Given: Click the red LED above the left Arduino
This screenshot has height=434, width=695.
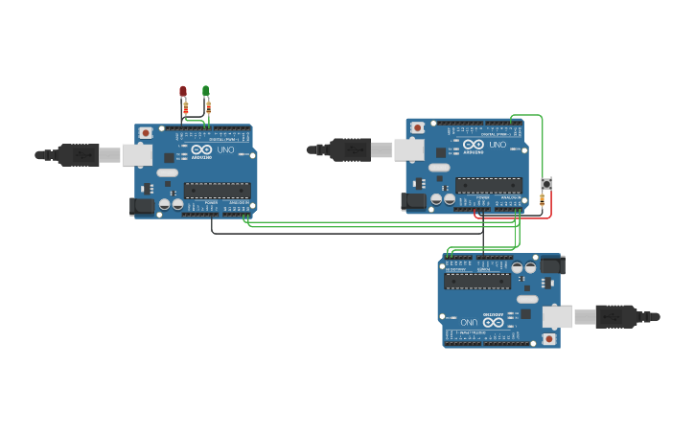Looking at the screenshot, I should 183,92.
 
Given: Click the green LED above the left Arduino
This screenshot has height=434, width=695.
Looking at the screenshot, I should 206,92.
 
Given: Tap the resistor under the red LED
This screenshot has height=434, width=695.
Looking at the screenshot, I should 185,109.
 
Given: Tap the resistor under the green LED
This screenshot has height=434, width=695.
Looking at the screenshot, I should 207,108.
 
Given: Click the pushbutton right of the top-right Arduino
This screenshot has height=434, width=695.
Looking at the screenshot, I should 546,183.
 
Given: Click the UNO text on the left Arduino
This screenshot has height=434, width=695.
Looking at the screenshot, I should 226,150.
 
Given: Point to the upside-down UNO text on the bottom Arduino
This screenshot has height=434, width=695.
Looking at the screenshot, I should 468,322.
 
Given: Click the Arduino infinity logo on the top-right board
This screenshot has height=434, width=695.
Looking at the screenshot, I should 473,145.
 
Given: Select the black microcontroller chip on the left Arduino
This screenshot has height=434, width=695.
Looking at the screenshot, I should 217,189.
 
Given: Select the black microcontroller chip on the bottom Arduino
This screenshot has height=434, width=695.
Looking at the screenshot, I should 476,281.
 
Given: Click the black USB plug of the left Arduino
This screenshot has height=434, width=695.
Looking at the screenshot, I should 77,154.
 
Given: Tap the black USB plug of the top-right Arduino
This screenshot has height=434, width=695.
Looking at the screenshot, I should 350,148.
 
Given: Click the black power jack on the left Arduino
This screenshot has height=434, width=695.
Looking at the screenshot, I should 141,205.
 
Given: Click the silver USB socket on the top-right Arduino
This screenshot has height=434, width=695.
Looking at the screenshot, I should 409,149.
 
